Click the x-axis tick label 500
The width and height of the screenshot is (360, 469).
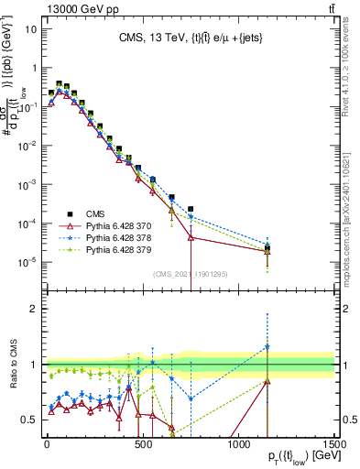click(x=142, y=444)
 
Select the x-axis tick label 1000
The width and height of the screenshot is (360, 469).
click(x=238, y=444)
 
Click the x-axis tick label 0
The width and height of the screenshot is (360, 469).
click(x=46, y=444)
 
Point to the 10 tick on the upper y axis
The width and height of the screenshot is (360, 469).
click(x=29, y=28)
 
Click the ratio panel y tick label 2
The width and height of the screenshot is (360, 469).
click(x=34, y=309)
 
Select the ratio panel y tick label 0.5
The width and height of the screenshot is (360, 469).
click(x=29, y=420)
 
